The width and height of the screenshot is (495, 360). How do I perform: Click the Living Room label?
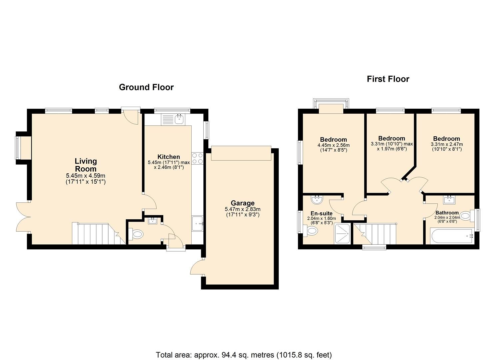(86, 165)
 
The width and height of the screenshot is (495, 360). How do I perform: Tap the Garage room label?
(242, 203)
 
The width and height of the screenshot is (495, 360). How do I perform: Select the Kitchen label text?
(168, 157)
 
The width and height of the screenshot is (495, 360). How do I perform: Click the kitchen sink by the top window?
(180, 119)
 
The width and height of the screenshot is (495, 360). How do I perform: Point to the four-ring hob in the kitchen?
(197, 158)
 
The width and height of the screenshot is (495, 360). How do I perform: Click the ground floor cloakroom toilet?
(135, 234)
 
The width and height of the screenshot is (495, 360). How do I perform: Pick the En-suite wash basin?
(316, 200)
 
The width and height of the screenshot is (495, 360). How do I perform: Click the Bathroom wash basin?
(449, 200)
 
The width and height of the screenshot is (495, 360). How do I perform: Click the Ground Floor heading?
(146, 87)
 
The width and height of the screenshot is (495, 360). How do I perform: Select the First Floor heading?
(388, 79)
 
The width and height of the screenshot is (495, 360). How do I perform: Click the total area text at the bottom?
(244, 355)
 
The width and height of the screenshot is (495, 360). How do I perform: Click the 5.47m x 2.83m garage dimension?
(242, 209)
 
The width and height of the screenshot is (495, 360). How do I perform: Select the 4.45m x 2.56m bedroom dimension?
(333, 145)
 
